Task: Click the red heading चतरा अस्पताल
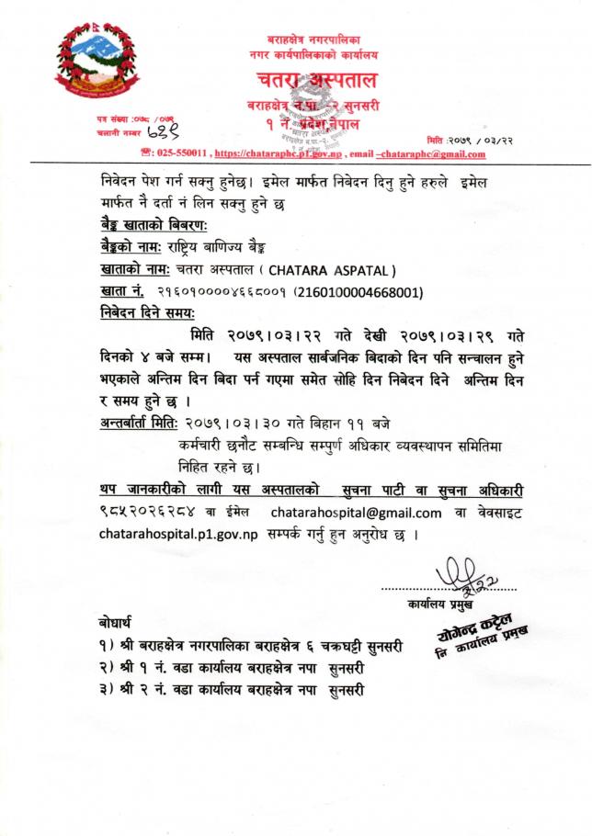click(309, 81)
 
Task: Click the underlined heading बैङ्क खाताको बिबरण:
click(154, 225)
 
